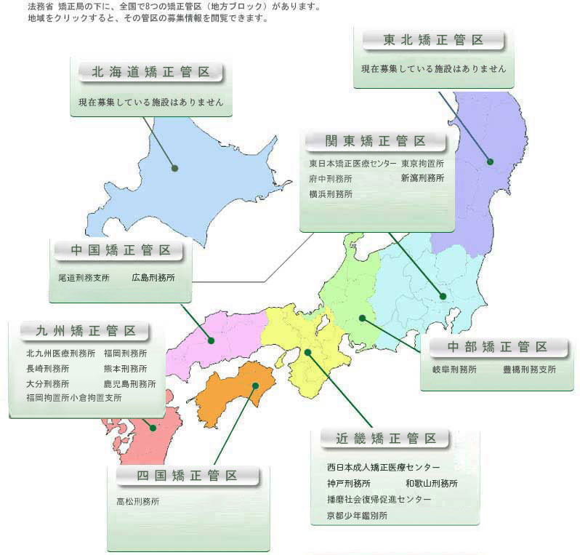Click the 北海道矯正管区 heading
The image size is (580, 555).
pos(151,72)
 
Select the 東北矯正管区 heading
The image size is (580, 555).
pos(433,40)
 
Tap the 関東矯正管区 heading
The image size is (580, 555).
pos(376,141)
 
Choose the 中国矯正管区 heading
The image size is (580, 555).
pos(121,251)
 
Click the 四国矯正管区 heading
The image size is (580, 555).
pos(188,476)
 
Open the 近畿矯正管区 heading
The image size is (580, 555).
pos(386,439)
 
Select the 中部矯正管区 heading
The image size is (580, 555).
pos(497,346)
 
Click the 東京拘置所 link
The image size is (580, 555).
pos(422,164)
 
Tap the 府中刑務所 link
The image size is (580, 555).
pos(331,178)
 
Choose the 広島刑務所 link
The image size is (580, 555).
pos(153,277)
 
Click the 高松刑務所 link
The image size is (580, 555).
pos(138,501)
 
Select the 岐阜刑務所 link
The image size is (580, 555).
pos(454,370)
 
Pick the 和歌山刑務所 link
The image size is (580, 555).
pos(432,483)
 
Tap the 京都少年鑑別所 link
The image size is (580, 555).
pos(358,516)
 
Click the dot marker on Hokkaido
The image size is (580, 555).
pos(175,168)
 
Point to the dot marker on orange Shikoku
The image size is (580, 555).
pos(254,386)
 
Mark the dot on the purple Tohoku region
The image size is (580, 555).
pos(490,161)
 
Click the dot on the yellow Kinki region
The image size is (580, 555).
pos(308,353)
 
